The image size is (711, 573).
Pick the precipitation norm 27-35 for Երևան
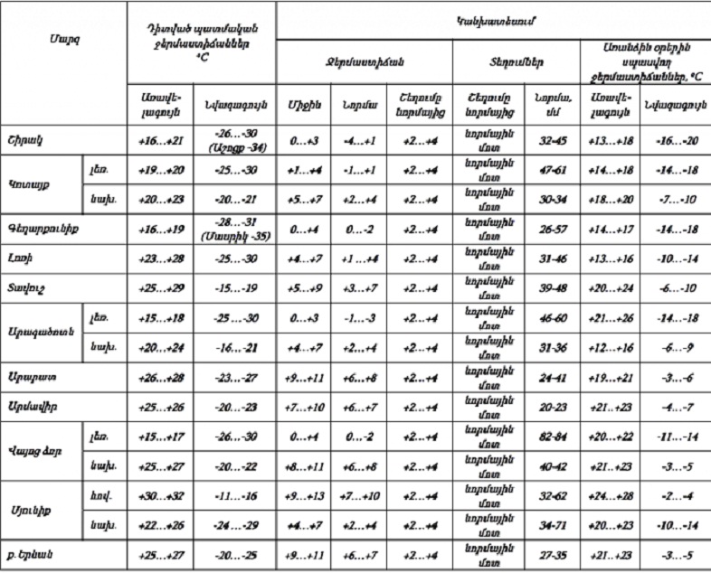pos(547,550)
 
